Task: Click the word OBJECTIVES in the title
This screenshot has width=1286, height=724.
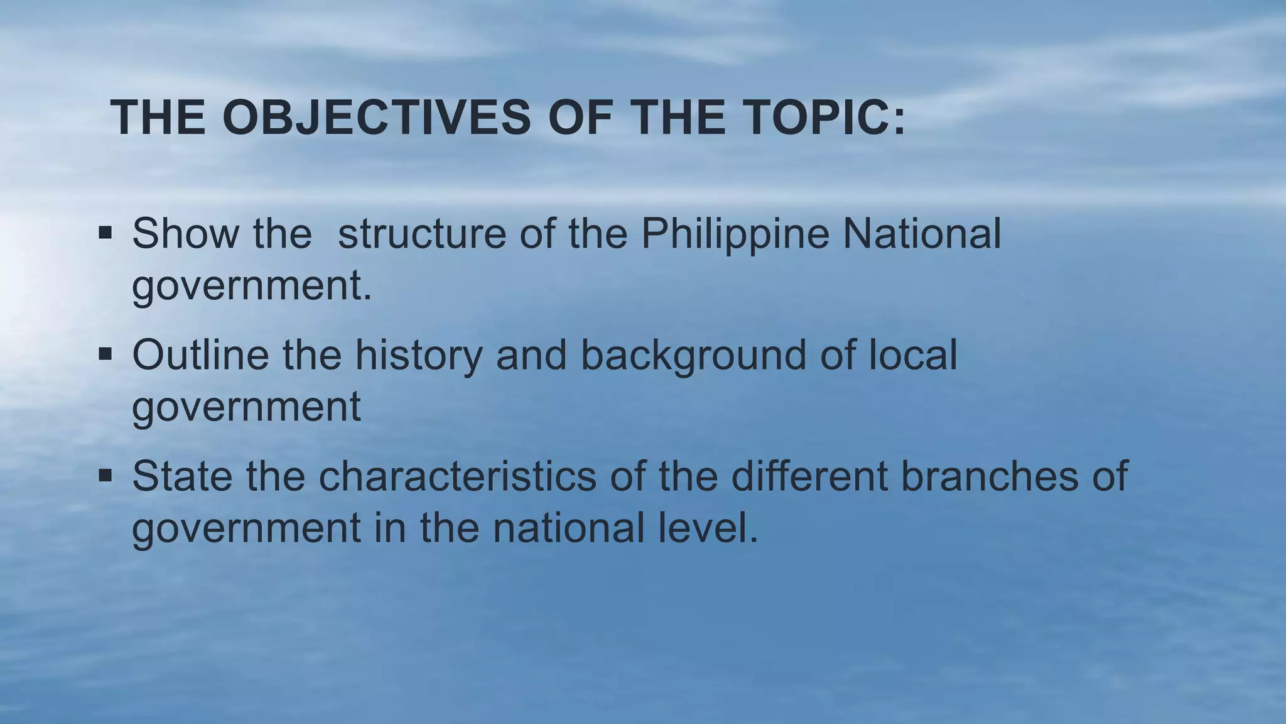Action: (377, 118)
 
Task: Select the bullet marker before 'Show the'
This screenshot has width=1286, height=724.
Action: (105, 233)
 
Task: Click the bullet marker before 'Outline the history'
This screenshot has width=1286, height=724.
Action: (105, 354)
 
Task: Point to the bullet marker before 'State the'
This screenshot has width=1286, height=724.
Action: (105, 476)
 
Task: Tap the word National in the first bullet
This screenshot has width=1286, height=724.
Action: (921, 234)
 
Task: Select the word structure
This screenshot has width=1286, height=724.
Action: (422, 234)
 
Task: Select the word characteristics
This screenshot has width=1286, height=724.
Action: (458, 476)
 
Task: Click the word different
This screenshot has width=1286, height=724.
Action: (810, 476)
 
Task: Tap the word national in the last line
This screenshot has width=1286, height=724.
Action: (569, 528)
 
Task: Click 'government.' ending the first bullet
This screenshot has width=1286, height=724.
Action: (252, 286)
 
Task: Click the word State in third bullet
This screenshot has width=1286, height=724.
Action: (183, 476)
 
